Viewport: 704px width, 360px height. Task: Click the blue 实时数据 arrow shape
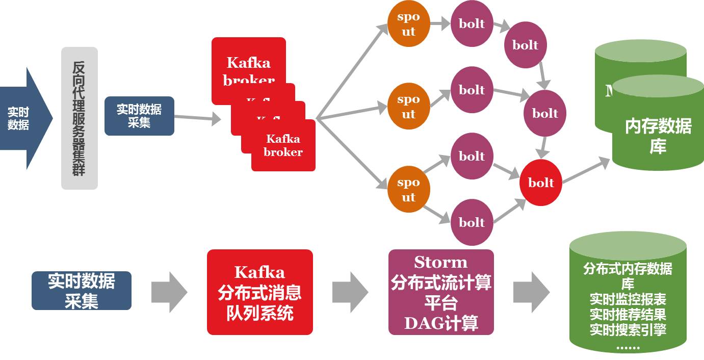(x=23, y=118)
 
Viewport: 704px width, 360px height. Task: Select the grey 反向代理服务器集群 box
(x=79, y=118)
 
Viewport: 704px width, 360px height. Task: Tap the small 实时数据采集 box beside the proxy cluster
(x=139, y=116)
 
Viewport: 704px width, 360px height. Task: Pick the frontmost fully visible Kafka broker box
(x=283, y=146)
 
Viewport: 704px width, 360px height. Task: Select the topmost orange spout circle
(x=408, y=24)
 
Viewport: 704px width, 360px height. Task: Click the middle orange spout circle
(x=408, y=107)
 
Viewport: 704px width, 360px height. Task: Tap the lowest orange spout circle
(x=408, y=190)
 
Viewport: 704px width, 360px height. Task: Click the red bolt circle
(x=541, y=183)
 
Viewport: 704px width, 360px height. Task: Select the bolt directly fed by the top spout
(x=472, y=23)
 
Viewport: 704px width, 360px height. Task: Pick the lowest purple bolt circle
(x=472, y=222)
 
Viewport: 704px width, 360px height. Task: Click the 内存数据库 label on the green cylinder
(x=658, y=136)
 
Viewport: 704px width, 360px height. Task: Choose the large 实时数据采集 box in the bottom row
(x=82, y=291)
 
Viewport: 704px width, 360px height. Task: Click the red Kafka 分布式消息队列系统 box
(x=259, y=292)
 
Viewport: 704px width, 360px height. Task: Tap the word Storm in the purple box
(x=440, y=263)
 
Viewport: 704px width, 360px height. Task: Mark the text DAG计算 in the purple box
(x=441, y=323)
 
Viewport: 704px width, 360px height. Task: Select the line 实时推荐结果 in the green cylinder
(x=628, y=314)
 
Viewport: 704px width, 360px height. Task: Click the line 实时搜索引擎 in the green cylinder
(x=628, y=329)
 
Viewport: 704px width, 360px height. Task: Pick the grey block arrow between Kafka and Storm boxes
(x=350, y=292)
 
